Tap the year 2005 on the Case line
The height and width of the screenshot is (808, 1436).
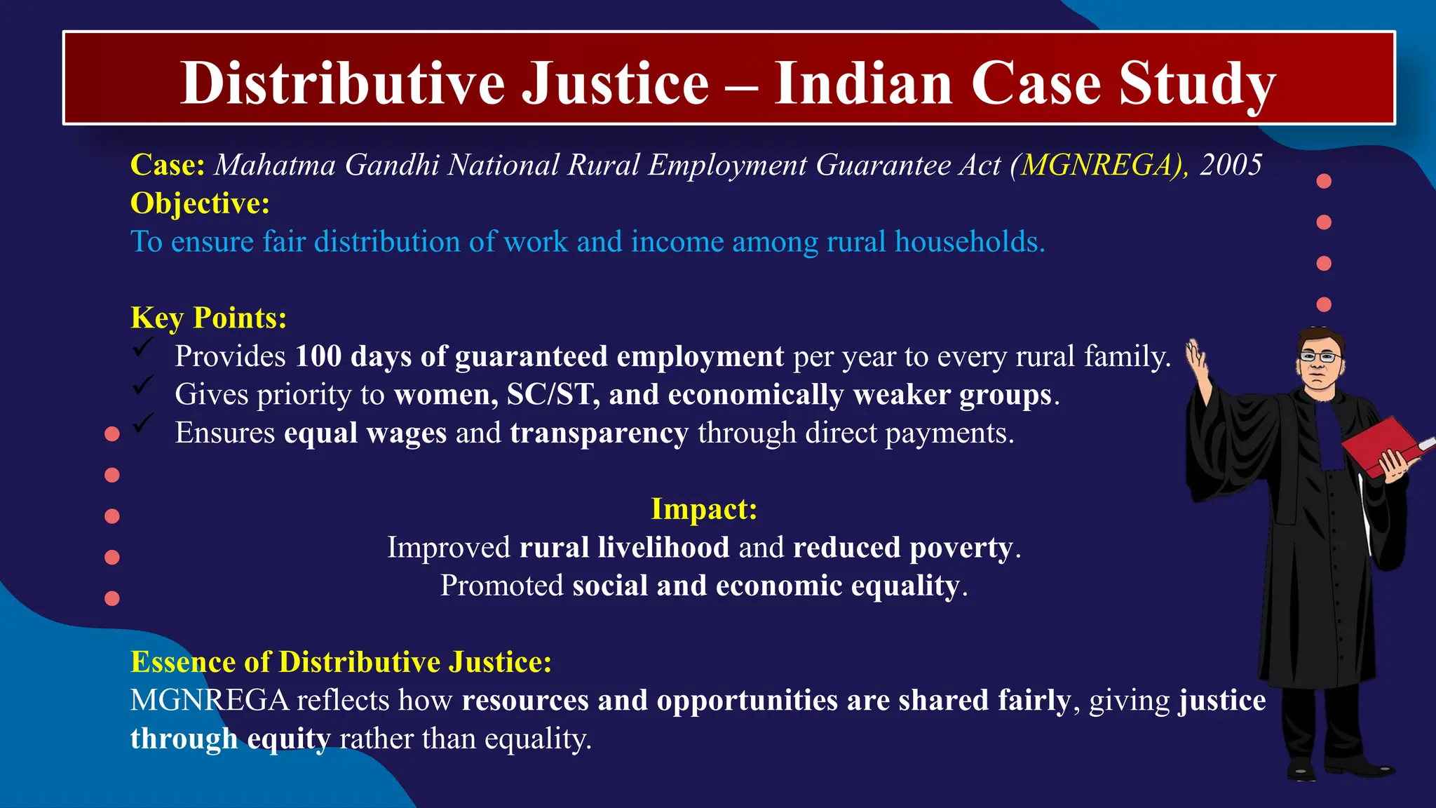(1231, 166)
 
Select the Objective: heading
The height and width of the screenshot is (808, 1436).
(200, 203)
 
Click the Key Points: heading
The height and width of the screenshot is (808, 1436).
(208, 318)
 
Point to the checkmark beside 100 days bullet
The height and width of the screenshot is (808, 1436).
(144, 346)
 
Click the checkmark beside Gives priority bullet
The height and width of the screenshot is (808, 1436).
(144, 384)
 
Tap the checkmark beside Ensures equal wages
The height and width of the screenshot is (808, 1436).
(144, 422)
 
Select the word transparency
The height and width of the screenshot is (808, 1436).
(599, 433)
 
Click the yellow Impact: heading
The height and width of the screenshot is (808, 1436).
(704, 509)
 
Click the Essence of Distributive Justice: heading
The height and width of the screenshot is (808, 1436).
(341, 662)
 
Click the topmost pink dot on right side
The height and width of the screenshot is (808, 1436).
(1324, 181)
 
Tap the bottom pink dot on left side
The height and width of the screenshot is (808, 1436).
(111, 598)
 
